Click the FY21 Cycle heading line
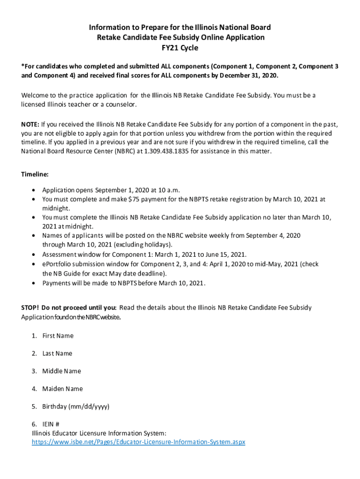pyautogui.click(x=180, y=47)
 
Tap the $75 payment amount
pyautogui.click(x=133, y=199)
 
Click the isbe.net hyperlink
pyautogui.click(x=138, y=442)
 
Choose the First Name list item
pyautogui.click(x=58, y=335)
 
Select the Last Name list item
pyautogui.click(x=57, y=353)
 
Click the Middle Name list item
pyautogui.click(x=61, y=371)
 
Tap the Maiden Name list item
pyautogui.click(x=62, y=389)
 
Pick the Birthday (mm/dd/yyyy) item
pyautogui.click(x=76, y=406)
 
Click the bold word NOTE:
pyautogui.click(x=30, y=124)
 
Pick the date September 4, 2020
pyautogui.click(x=273, y=235)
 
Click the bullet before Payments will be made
pyautogui.click(x=33, y=283)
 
